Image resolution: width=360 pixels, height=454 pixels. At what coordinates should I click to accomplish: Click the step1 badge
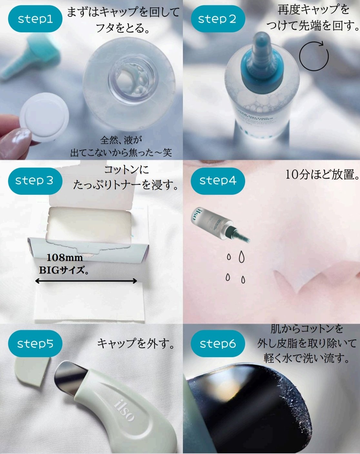(x=35, y=19)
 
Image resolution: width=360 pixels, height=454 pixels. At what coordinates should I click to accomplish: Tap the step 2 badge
(x=217, y=19)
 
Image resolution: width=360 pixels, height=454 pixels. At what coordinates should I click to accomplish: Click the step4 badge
(x=218, y=181)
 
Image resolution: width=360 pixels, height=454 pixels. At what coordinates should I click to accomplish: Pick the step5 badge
(x=35, y=344)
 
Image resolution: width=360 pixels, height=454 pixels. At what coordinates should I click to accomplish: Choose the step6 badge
(x=218, y=344)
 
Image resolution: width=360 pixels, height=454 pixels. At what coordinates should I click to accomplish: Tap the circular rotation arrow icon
(x=314, y=56)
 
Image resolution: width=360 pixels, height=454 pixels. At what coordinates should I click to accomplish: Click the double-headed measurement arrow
(x=86, y=281)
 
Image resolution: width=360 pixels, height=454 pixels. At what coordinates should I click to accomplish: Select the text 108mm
(x=65, y=257)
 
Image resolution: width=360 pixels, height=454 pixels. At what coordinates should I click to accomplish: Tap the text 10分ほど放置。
(x=322, y=175)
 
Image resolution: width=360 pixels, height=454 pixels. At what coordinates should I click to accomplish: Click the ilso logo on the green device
(x=124, y=410)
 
